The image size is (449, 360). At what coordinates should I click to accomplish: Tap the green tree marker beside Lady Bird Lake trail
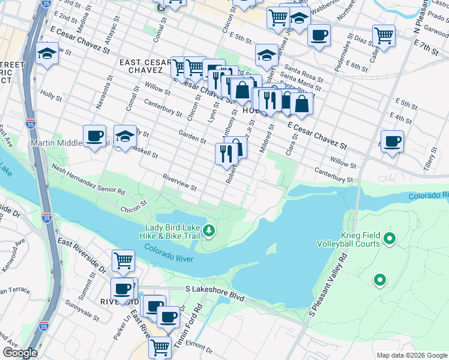(x=209, y=230)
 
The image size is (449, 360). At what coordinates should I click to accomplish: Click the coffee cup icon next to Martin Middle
(x=94, y=137)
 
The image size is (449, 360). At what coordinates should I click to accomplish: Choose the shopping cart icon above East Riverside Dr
(x=123, y=261)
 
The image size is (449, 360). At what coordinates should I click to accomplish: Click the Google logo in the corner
(x=20, y=353)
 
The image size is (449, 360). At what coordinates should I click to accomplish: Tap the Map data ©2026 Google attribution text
(x=411, y=355)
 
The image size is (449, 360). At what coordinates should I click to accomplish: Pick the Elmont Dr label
(x=196, y=344)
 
